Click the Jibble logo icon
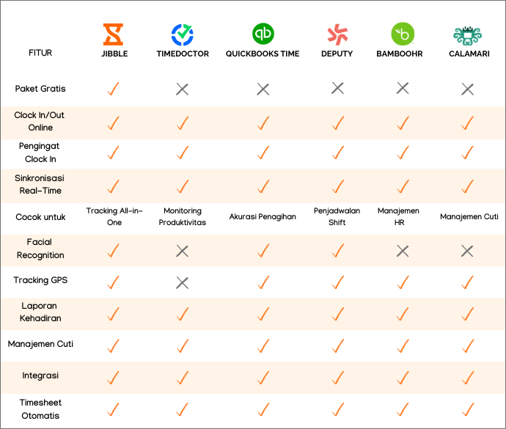114,34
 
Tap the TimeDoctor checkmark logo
183,34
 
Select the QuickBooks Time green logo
263,34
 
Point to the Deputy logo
337,34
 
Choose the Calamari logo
467,34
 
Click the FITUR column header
40,54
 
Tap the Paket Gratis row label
40,89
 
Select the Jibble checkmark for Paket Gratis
114,89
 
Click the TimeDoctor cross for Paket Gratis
183,89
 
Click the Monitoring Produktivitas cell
183,216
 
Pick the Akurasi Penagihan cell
263,217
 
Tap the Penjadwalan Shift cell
337,216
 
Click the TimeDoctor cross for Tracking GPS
183,282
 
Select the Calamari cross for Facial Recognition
467,252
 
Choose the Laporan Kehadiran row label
40,312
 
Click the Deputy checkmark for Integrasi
337,378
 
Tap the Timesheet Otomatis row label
40,408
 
